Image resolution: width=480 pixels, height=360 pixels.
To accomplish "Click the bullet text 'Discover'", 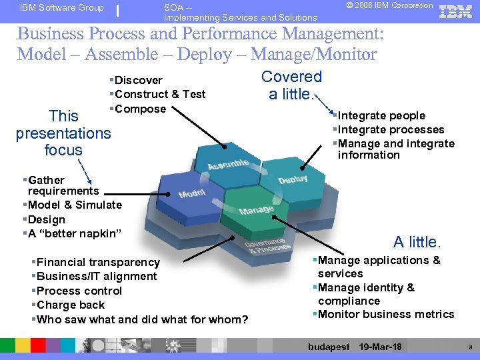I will click(x=139, y=80).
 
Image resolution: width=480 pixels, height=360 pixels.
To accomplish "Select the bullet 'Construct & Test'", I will click(x=160, y=94).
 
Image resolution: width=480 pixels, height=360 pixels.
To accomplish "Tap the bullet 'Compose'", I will click(x=140, y=109).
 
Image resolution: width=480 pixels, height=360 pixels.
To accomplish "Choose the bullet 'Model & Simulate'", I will click(x=75, y=205).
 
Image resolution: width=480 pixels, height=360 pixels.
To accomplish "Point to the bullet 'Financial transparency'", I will click(x=98, y=262).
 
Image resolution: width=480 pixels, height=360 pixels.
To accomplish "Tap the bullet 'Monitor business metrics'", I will click(x=386, y=314).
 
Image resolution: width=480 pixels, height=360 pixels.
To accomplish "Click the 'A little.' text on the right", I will click(x=417, y=241).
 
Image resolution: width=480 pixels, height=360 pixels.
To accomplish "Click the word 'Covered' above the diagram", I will click(x=291, y=77).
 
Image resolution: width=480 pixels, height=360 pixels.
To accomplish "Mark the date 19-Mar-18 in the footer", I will click(x=380, y=347).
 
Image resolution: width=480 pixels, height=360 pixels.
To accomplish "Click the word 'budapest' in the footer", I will click(x=329, y=347).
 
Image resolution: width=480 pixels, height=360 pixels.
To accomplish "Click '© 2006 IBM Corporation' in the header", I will click(x=389, y=6).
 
